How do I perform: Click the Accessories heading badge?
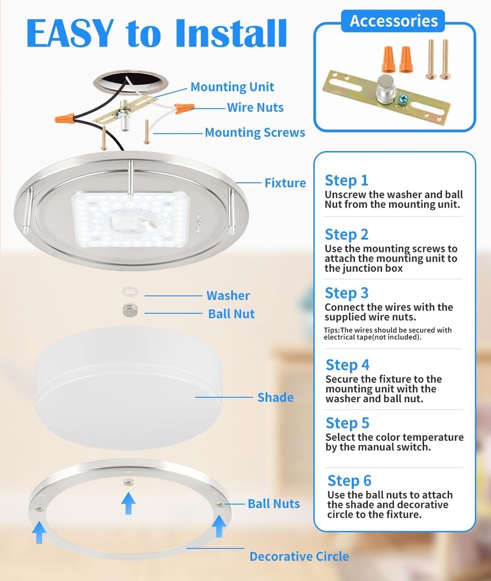(393, 21)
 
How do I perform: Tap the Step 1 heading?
(346, 180)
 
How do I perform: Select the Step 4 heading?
(348, 365)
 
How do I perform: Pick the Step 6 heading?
(349, 481)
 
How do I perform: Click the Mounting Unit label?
(232, 87)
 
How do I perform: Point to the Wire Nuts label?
(255, 107)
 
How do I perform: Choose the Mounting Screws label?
(255, 132)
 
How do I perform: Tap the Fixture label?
(285, 183)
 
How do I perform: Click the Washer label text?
(228, 295)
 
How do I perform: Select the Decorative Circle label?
(299, 556)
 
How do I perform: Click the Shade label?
(276, 397)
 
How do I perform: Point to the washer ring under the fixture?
(130, 292)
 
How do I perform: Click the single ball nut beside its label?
(130, 310)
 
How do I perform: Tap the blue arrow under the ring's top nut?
(128, 503)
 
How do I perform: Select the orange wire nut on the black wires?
(65, 119)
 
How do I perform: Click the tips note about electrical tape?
(388, 334)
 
